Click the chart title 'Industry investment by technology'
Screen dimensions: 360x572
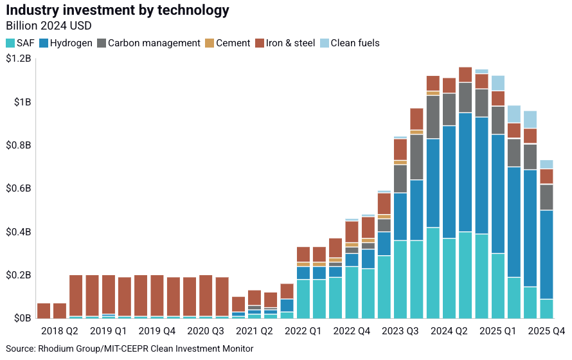117,11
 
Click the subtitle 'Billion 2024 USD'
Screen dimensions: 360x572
48,26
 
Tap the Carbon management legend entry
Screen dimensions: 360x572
148,43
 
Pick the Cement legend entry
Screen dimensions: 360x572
228,43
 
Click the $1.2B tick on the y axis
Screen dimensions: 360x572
18,59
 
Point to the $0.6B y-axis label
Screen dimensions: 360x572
18,189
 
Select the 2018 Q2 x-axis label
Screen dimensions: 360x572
60,331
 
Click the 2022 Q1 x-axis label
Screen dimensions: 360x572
303,331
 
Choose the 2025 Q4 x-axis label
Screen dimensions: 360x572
546,331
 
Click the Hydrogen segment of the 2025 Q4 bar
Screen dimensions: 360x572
546,255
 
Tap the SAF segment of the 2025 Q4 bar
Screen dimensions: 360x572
546,309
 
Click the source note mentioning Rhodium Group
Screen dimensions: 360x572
129,349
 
